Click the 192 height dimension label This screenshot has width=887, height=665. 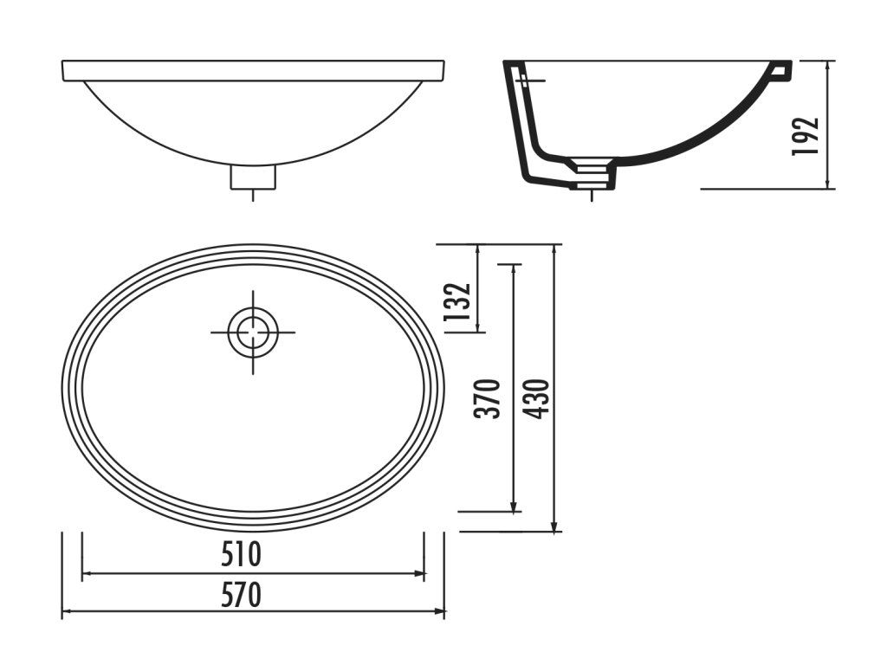[x=806, y=136]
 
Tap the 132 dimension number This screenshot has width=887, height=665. [x=457, y=301]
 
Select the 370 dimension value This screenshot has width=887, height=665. [x=488, y=398]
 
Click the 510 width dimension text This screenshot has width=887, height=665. [x=241, y=554]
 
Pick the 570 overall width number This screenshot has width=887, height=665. [x=241, y=595]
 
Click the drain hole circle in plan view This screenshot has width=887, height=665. [x=253, y=332]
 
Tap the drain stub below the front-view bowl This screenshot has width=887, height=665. [x=253, y=177]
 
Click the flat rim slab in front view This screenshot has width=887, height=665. [x=253, y=70]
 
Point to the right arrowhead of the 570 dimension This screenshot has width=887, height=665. [x=439, y=610]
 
